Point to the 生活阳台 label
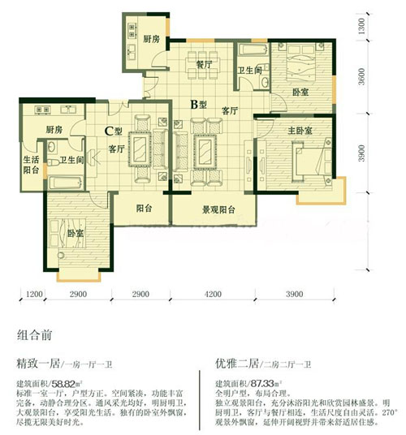pos(31,164)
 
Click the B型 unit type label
pos(197,104)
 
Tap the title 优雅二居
pos(238,365)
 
